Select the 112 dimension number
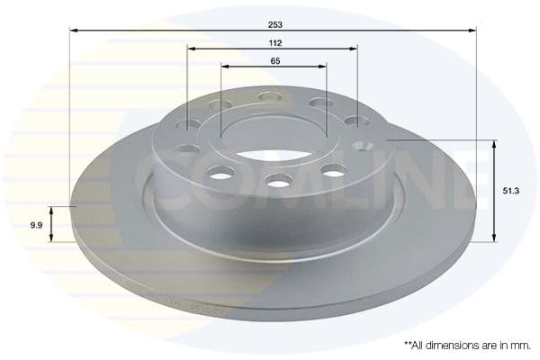pos(274,42)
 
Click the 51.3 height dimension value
pos(510,191)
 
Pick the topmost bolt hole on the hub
pos(270,96)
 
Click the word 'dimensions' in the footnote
pos(445,345)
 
